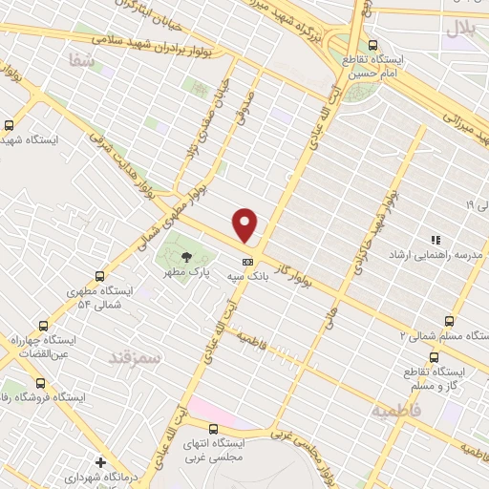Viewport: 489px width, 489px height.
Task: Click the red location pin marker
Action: point(245,224)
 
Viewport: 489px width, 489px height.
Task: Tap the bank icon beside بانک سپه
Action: point(247,261)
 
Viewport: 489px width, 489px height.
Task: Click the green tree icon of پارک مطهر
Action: point(185,256)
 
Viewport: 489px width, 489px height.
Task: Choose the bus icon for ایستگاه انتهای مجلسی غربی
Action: point(214,428)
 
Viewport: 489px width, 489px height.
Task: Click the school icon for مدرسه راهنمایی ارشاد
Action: point(435,240)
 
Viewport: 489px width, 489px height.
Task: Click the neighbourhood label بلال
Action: point(461,30)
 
